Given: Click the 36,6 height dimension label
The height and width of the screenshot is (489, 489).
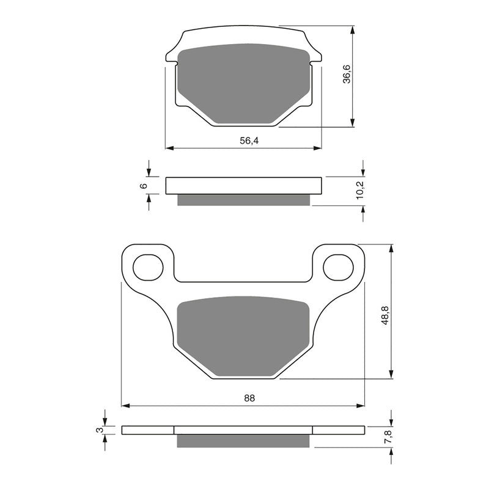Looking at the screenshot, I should pos(346,73).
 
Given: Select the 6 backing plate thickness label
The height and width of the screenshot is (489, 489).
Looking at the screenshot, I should pos(144,185).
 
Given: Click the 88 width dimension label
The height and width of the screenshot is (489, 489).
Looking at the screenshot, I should pos(249,398).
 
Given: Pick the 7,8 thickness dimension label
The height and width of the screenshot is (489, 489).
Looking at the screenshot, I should pos(386,438).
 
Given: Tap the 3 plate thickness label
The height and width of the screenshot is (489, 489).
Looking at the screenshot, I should pos(98,430).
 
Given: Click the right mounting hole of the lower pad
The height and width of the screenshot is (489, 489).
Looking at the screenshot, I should pos(339,267).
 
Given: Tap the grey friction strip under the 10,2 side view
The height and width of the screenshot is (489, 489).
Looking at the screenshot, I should pos(244,200).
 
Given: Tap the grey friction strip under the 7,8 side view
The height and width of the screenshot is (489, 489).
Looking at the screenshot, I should pos(244,441).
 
